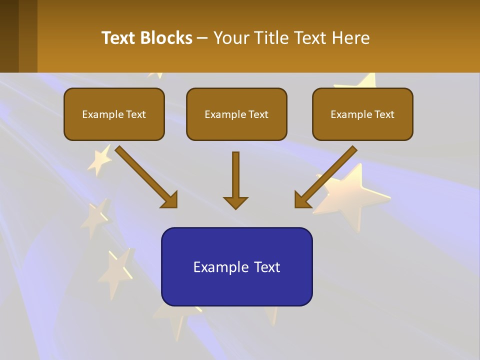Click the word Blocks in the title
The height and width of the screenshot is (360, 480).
(166, 38)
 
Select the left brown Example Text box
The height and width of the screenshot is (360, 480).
(114, 114)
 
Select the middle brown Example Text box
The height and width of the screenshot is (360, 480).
(236, 114)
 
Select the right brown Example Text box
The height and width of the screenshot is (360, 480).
(362, 114)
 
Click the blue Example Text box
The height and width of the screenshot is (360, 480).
(236, 266)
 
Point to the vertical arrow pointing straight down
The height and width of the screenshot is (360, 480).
(235, 175)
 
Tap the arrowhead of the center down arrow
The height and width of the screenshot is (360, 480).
(235, 202)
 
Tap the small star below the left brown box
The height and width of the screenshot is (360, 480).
(100, 159)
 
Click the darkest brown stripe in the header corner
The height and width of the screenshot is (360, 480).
(9, 36)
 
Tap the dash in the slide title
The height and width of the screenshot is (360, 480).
(202, 38)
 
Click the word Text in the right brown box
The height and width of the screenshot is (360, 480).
(384, 114)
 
